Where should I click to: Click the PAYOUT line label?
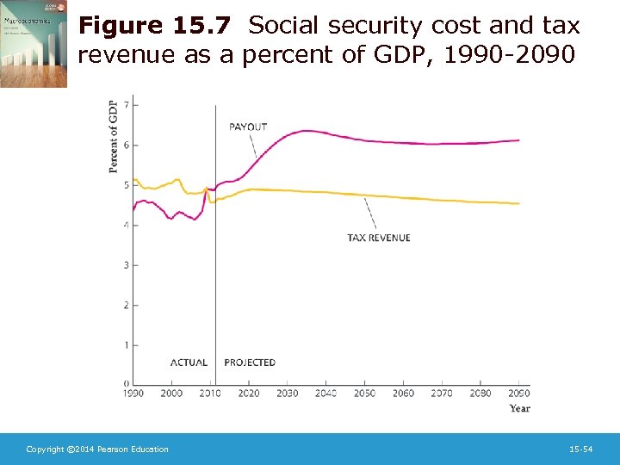248,127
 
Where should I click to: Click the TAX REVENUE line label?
379,238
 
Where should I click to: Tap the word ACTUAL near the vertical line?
189,363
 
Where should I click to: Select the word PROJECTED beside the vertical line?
250,363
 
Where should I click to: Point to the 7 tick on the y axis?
127,105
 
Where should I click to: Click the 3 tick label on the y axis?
127,265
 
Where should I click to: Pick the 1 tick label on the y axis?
127,345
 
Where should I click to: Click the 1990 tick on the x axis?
133,394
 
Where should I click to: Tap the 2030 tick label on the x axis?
287,394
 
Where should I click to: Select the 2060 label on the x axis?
403,394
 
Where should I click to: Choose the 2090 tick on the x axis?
518,394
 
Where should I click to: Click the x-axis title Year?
519,408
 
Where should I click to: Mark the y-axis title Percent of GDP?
114,137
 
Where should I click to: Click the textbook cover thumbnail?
34,45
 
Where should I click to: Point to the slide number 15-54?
581,449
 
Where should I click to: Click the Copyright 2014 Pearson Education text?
97,449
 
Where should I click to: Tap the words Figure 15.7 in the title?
154,27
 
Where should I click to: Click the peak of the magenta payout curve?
307,131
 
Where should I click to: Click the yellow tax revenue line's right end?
518,204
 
